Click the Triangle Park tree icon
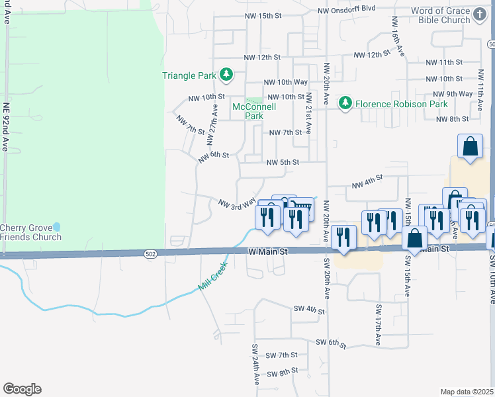(x=226, y=75)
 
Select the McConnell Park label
(x=249, y=111)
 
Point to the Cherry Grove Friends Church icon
(x=56, y=227)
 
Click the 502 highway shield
(x=151, y=253)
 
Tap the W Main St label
(x=269, y=251)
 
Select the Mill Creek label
(x=212, y=277)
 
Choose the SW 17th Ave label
(x=378, y=325)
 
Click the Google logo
(x=22, y=389)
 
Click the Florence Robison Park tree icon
(x=345, y=103)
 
